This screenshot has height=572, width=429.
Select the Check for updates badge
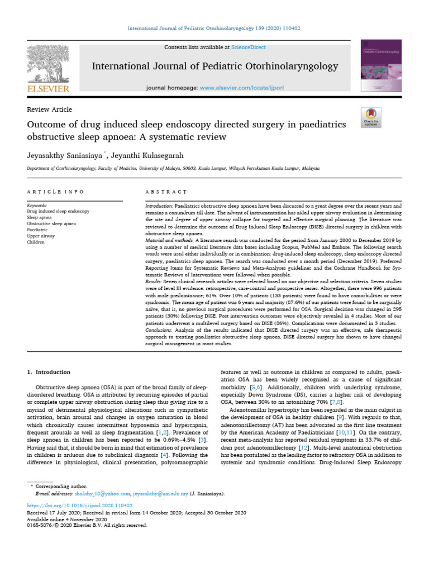[371, 117]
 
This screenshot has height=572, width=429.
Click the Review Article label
[49, 109]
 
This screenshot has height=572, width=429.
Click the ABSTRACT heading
[161, 192]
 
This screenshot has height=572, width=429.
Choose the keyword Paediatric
[38, 230]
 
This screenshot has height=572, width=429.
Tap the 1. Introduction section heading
[49, 372]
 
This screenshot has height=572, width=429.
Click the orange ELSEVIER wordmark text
[48, 89]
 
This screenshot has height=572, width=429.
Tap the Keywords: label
[37, 206]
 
